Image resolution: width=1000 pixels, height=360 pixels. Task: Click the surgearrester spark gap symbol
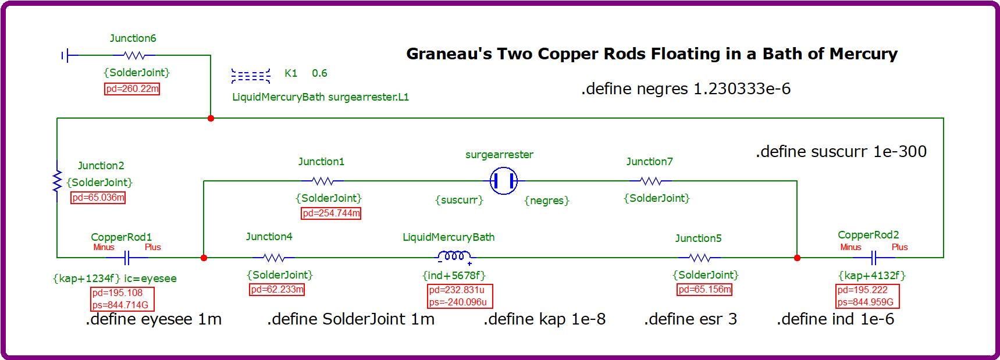click(504, 181)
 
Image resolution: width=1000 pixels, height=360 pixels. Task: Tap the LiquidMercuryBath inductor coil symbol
click(454, 257)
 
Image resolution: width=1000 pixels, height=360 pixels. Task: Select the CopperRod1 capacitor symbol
click(128, 257)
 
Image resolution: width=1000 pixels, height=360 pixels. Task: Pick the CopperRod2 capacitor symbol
click(874, 257)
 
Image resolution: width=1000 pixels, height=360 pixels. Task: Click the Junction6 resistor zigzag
click(134, 55)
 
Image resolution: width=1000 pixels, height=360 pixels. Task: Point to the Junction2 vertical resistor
click(57, 181)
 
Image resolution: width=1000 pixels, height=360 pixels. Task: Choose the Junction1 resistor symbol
click(323, 181)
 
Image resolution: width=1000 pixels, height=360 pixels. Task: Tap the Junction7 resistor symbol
click(650, 181)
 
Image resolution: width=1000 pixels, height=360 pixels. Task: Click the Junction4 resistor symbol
click(273, 257)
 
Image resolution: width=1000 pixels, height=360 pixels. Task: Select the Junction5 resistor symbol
click(699, 257)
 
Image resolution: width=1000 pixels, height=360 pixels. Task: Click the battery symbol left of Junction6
click(67, 56)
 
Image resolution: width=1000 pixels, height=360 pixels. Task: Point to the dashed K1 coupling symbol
click(251, 76)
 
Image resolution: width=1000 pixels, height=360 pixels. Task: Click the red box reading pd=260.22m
click(132, 89)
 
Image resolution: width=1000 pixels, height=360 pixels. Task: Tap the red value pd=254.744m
click(331, 213)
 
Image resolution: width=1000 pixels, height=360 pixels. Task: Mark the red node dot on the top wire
click(211, 118)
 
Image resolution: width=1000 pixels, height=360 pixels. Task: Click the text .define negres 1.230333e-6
click(685, 89)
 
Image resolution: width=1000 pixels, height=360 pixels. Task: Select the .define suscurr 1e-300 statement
click(841, 152)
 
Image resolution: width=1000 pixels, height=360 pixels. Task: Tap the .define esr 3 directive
click(690, 319)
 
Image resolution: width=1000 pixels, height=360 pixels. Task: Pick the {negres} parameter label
click(547, 201)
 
